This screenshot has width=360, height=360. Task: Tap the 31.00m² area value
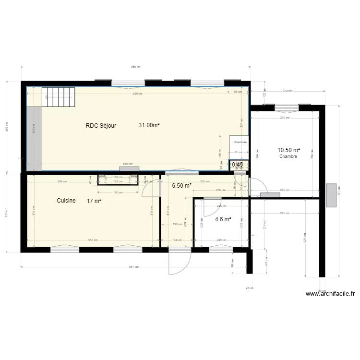[x=149, y=125]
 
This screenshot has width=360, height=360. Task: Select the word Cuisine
[x=66, y=201]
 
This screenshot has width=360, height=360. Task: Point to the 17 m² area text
[x=94, y=201]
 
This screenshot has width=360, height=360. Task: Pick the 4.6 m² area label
[x=223, y=219]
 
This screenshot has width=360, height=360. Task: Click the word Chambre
[x=288, y=156]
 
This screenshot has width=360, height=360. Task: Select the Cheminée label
[x=240, y=143]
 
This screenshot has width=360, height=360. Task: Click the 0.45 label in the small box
[x=238, y=165]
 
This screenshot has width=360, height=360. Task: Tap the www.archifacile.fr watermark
[x=330, y=294]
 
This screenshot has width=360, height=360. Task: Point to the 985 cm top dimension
[x=135, y=67]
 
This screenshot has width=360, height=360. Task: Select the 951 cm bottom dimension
[x=133, y=267]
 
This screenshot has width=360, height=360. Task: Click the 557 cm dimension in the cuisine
[x=93, y=240]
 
